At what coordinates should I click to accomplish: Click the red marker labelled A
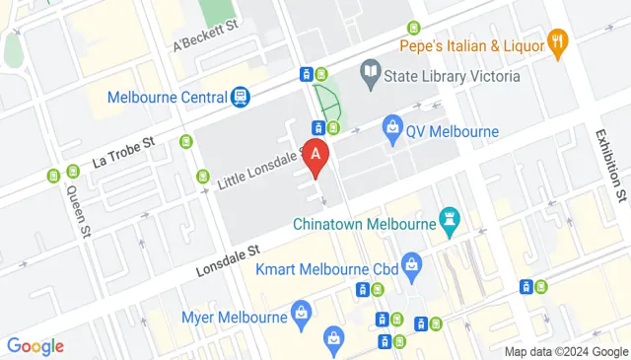(315, 157)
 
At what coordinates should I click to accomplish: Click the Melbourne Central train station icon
(240, 97)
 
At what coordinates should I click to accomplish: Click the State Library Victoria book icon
(370, 70)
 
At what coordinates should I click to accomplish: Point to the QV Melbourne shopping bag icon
(393, 128)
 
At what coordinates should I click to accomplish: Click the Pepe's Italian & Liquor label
(471, 45)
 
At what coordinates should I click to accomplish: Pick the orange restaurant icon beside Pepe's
(560, 41)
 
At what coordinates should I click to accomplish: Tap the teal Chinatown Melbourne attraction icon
(452, 222)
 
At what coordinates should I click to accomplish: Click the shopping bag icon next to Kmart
(412, 263)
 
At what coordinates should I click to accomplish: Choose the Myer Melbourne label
(233, 318)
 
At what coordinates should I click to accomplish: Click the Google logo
(35, 346)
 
